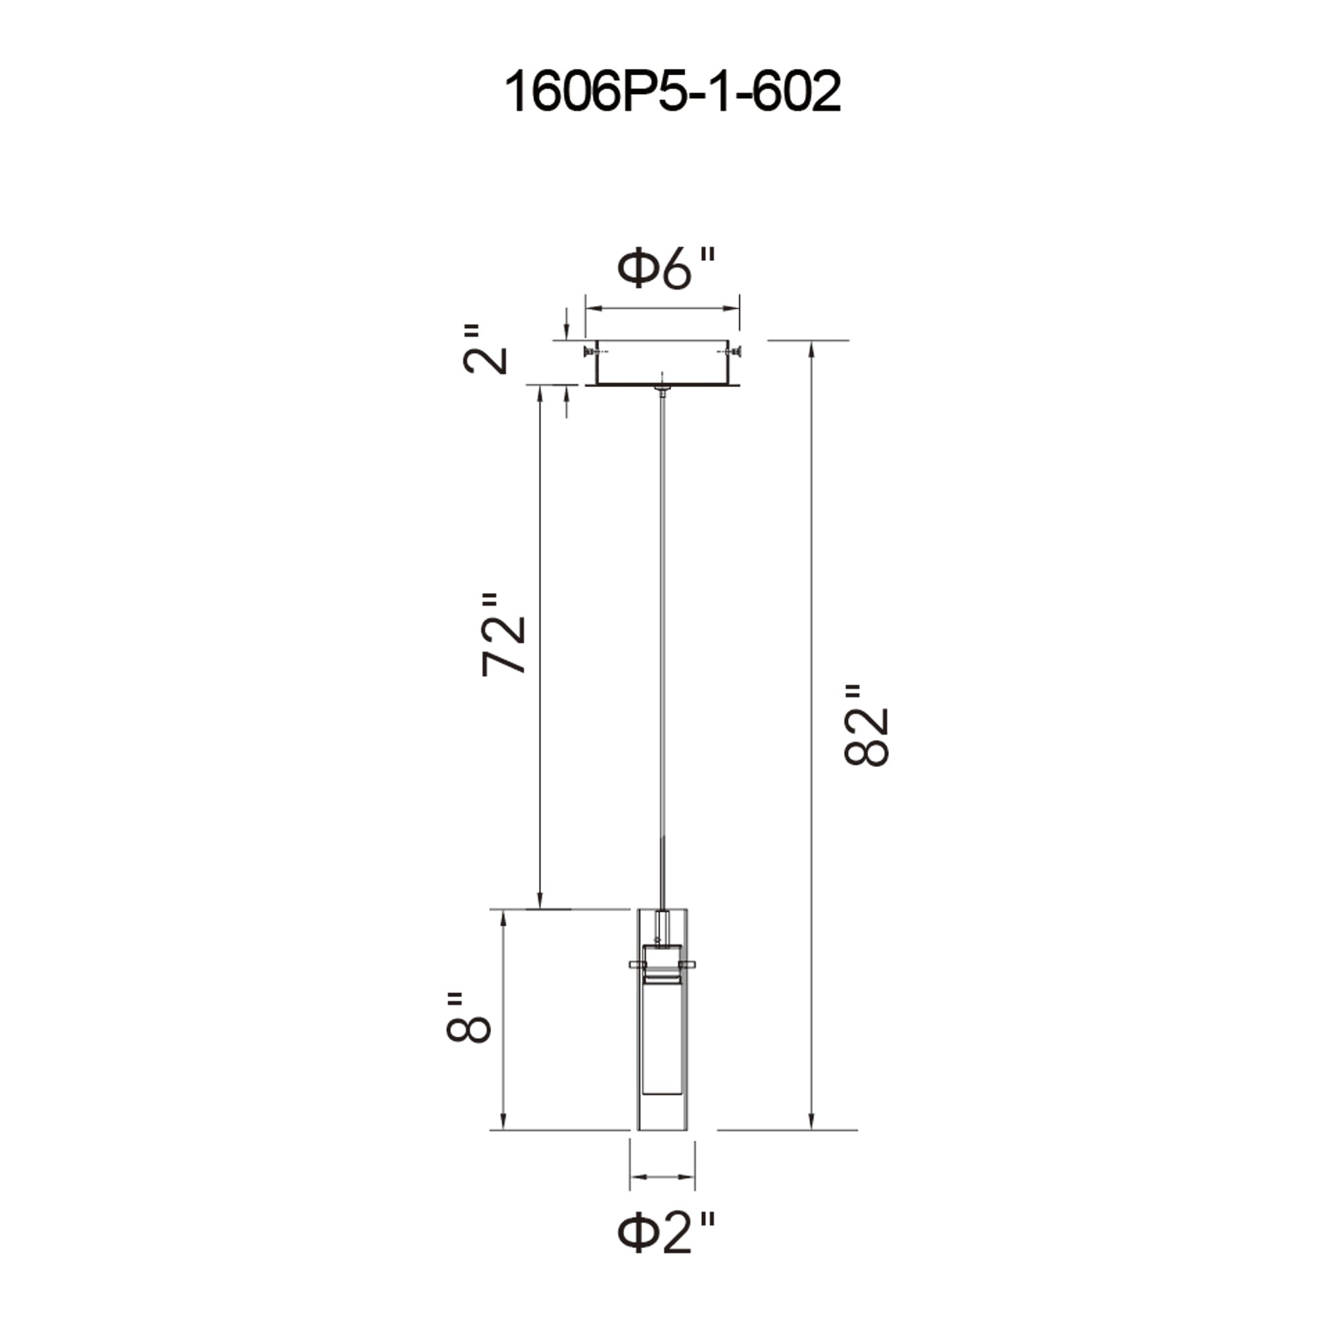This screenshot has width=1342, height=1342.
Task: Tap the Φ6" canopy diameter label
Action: tap(666, 270)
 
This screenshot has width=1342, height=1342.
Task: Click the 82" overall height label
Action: tap(866, 726)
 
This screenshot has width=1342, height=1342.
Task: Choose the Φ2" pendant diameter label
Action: tap(666, 1231)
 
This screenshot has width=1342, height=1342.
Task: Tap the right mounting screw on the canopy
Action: tap(733, 352)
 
